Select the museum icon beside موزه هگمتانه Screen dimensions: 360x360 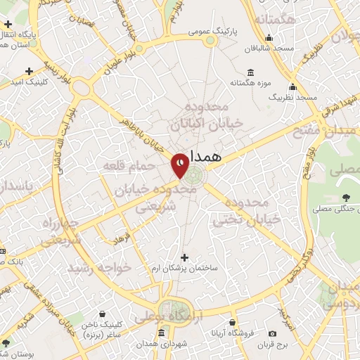coord(251,72)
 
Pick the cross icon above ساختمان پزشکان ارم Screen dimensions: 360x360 coord(185,257)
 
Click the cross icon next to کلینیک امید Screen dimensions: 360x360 coord(29,71)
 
